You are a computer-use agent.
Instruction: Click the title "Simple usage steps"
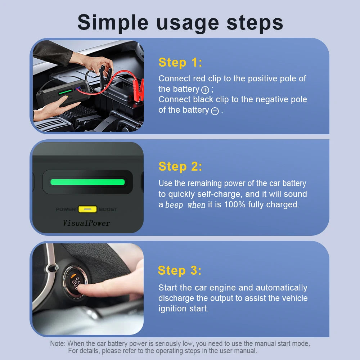pos(180,23)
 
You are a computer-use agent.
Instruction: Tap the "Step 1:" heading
pos(180,62)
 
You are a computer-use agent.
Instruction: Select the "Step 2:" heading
pos(180,166)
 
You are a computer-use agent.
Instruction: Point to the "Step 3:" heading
pos(180,270)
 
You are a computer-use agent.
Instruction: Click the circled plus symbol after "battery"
pos(205,90)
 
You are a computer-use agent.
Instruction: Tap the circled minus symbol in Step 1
pos(215,111)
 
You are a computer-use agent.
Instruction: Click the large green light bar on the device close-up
pos(87,182)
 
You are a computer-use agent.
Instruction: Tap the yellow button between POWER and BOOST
pos(87,209)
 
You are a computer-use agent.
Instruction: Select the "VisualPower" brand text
pos(86,223)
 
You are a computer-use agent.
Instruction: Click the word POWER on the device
pos(66,210)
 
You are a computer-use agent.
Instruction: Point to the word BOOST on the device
pos(108,210)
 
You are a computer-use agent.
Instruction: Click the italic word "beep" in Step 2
pos(174,204)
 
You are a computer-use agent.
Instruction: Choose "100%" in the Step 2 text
pos(235,204)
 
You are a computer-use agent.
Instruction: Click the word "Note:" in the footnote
pos(58,343)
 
